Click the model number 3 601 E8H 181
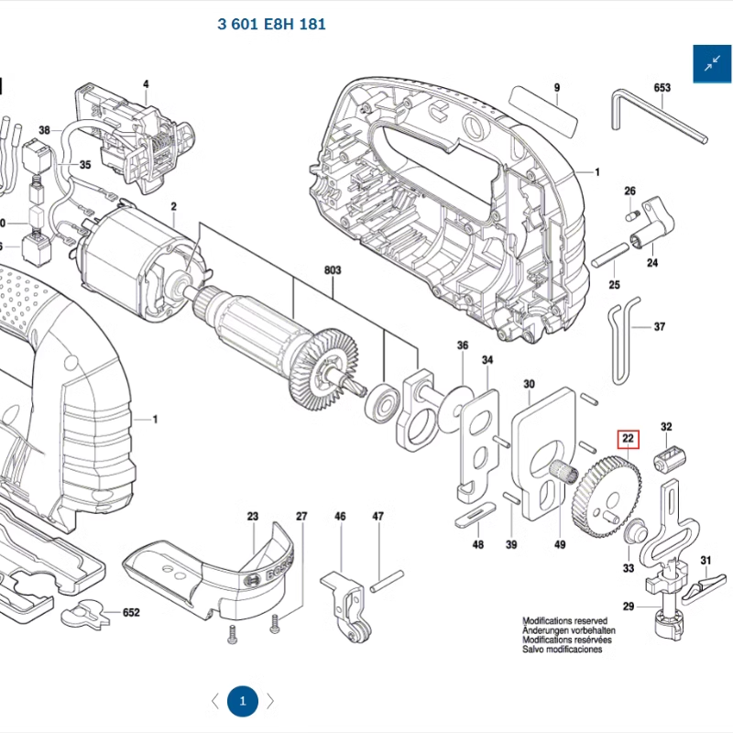(x=271, y=24)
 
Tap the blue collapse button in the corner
(x=712, y=63)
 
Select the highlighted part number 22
(x=628, y=439)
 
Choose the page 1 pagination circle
(x=243, y=702)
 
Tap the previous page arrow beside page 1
(x=215, y=702)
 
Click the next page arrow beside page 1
(x=270, y=702)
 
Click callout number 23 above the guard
(x=253, y=517)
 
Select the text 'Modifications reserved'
(x=564, y=621)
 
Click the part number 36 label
(x=463, y=345)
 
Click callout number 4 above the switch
(x=145, y=85)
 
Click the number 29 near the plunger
(x=629, y=607)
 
